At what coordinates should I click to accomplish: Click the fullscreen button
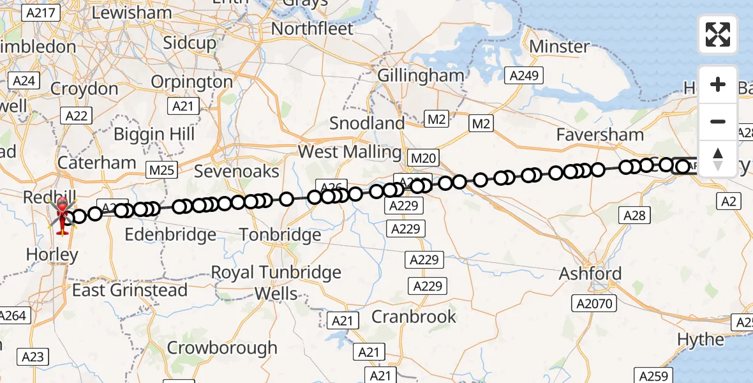tap(718, 34)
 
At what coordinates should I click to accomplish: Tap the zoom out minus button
tap(718, 121)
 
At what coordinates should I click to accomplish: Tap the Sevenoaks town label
tap(237, 171)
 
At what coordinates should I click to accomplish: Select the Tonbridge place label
tap(280, 235)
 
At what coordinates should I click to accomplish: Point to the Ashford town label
tap(590, 273)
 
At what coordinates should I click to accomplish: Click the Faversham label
tap(600, 135)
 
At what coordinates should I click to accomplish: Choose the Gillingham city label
tap(421, 75)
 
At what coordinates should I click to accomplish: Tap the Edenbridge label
tap(170, 235)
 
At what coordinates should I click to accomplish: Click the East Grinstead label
tap(130, 290)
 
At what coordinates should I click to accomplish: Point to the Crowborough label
tap(222, 348)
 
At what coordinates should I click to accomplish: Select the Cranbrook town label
tap(414, 317)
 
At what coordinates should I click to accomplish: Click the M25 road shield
tap(161, 170)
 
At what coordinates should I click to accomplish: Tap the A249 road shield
tap(524, 76)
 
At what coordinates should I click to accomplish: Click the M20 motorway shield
tap(422, 157)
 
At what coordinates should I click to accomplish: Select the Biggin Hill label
tap(154, 135)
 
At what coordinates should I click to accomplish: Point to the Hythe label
tap(701, 339)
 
